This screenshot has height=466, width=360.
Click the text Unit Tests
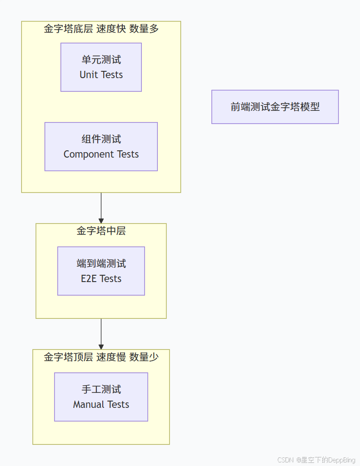click(x=101, y=75)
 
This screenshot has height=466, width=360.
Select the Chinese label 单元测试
click(x=101, y=60)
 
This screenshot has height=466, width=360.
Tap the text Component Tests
click(x=101, y=154)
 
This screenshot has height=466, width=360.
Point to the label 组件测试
click(x=101, y=139)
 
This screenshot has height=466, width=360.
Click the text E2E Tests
click(x=101, y=279)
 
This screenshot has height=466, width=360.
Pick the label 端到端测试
click(x=101, y=263)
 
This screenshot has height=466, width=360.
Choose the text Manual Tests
click(x=101, y=405)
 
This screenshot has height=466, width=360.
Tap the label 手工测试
click(x=101, y=389)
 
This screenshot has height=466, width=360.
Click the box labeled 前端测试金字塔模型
click(x=275, y=107)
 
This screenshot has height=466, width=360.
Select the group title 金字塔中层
click(x=101, y=231)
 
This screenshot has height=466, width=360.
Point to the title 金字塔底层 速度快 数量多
click(x=101, y=29)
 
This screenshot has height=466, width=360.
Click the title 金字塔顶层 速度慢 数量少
click(x=101, y=357)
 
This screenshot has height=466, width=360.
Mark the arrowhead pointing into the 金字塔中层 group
click(x=101, y=220)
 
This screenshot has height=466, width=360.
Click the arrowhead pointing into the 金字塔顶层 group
click(x=101, y=346)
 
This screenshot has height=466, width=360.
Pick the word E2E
click(x=88, y=279)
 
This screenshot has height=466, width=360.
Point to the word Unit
click(x=88, y=75)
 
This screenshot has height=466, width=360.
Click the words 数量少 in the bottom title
click(x=144, y=357)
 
